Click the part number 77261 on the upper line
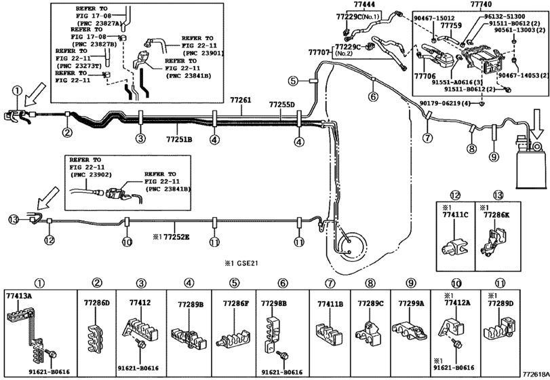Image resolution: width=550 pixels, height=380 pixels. [240, 100]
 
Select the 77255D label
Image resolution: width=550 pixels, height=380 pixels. [281, 105]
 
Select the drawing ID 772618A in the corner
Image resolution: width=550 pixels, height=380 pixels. [534, 374]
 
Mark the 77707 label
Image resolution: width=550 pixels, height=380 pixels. [319, 52]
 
